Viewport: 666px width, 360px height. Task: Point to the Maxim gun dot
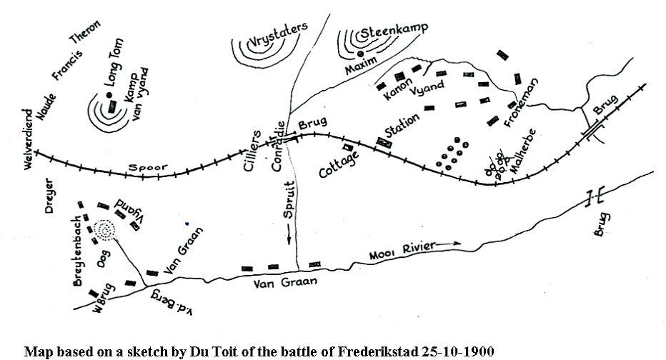tap(360, 54)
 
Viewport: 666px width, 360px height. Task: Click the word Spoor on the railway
tap(148, 168)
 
